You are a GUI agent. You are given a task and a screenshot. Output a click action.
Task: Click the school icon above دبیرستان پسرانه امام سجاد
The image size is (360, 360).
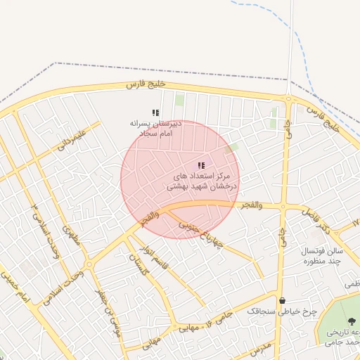tap(155, 112)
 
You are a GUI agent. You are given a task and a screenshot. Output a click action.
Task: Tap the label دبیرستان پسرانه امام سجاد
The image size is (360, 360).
tap(156, 127)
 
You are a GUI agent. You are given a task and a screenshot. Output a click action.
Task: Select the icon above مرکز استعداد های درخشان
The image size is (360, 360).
tap(201, 166)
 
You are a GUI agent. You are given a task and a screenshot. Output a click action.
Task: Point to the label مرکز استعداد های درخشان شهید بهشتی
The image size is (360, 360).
tap(202, 181)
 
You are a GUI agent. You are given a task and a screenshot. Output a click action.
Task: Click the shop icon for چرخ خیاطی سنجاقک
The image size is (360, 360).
tap(282, 300)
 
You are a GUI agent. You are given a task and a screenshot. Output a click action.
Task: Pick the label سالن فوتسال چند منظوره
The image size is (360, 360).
tap(321, 256)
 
